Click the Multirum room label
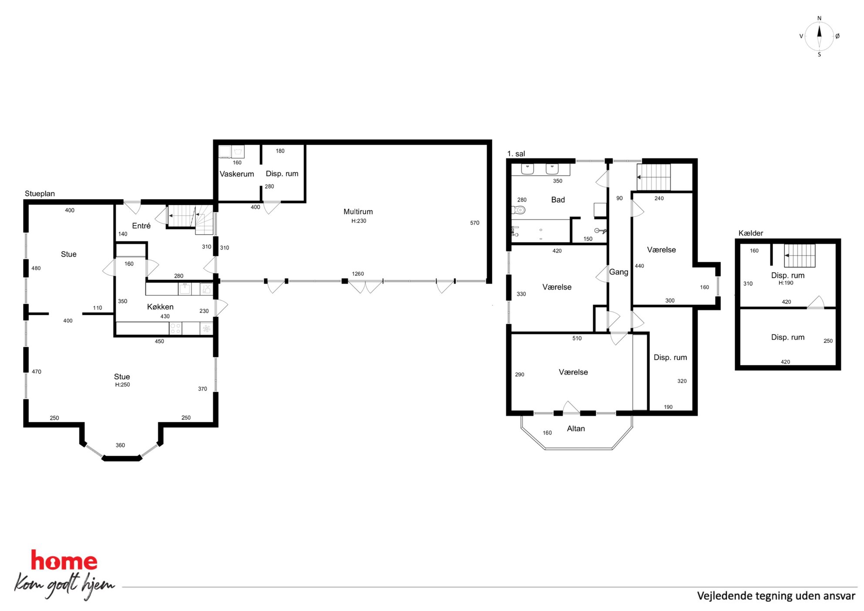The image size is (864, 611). (358, 212)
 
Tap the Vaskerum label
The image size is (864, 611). (236, 174)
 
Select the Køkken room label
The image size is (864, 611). (160, 307)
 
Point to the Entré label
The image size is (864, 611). (141, 226)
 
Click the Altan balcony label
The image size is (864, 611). (576, 429)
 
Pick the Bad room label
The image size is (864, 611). (558, 199)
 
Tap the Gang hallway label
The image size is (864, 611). (618, 272)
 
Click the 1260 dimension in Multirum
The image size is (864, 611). (358, 274)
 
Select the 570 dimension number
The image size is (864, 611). (475, 223)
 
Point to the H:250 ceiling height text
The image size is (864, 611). (122, 385)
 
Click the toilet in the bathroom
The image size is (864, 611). (518, 210)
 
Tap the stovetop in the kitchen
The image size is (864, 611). (175, 328)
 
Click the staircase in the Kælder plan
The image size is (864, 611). (800, 256)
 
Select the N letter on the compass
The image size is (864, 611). (819, 18)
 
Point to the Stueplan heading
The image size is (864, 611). (40, 193)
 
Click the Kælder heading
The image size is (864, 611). (751, 233)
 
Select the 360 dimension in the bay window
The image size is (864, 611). (120, 445)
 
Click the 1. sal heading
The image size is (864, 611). (516, 154)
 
